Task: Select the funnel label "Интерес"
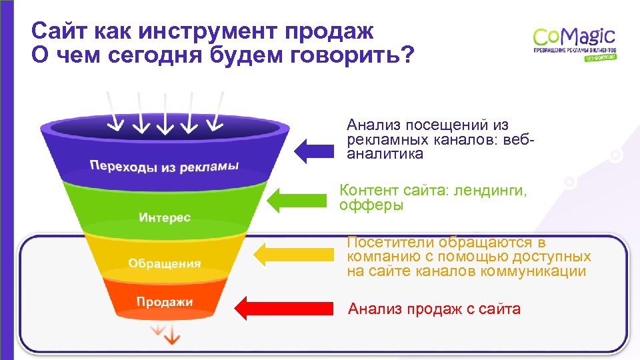click(x=165, y=217)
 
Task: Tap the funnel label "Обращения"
click(x=164, y=263)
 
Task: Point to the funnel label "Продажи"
click(x=165, y=301)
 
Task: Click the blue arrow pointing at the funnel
click(x=313, y=151)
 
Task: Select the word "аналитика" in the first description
click(x=385, y=154)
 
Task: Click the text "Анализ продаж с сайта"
click(x=434, y=309)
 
